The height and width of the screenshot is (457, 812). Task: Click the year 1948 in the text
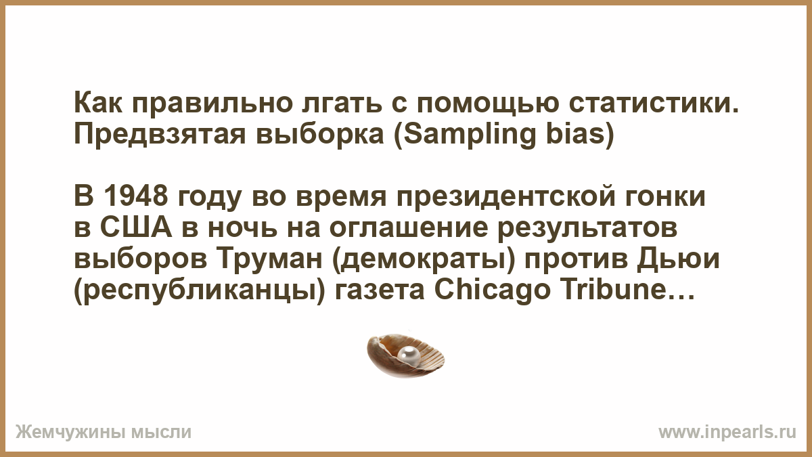(136, 196)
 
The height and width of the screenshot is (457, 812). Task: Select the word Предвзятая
(160, 134)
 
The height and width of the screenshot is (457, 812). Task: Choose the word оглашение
(409, 229)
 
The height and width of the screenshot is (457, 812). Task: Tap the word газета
(380, 290)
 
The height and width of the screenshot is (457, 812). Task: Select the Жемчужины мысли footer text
(104, 432)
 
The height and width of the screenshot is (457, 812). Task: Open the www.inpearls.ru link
(727, 432)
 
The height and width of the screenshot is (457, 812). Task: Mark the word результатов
(587, 229)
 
